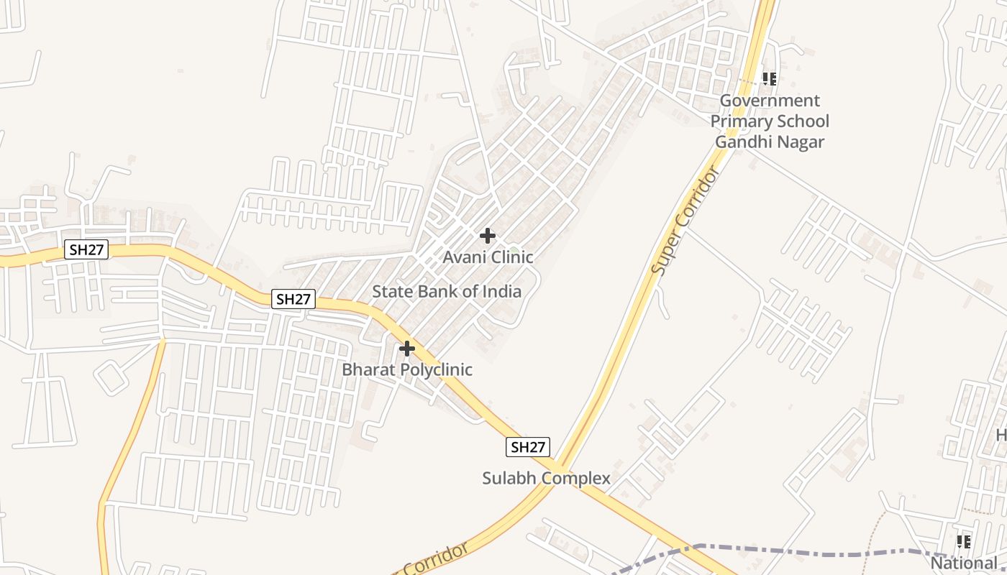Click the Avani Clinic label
488,257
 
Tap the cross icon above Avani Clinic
488,235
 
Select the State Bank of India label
446,291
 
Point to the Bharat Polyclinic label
407,369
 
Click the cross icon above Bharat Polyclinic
407,349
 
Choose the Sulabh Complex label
546,478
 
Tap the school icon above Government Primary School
770,78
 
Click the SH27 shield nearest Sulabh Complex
527,447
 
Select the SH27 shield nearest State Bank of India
293,299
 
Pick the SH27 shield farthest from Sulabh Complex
86,250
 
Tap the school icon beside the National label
964,541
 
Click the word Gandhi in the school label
741,142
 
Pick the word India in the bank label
502,291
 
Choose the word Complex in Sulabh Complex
576,478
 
